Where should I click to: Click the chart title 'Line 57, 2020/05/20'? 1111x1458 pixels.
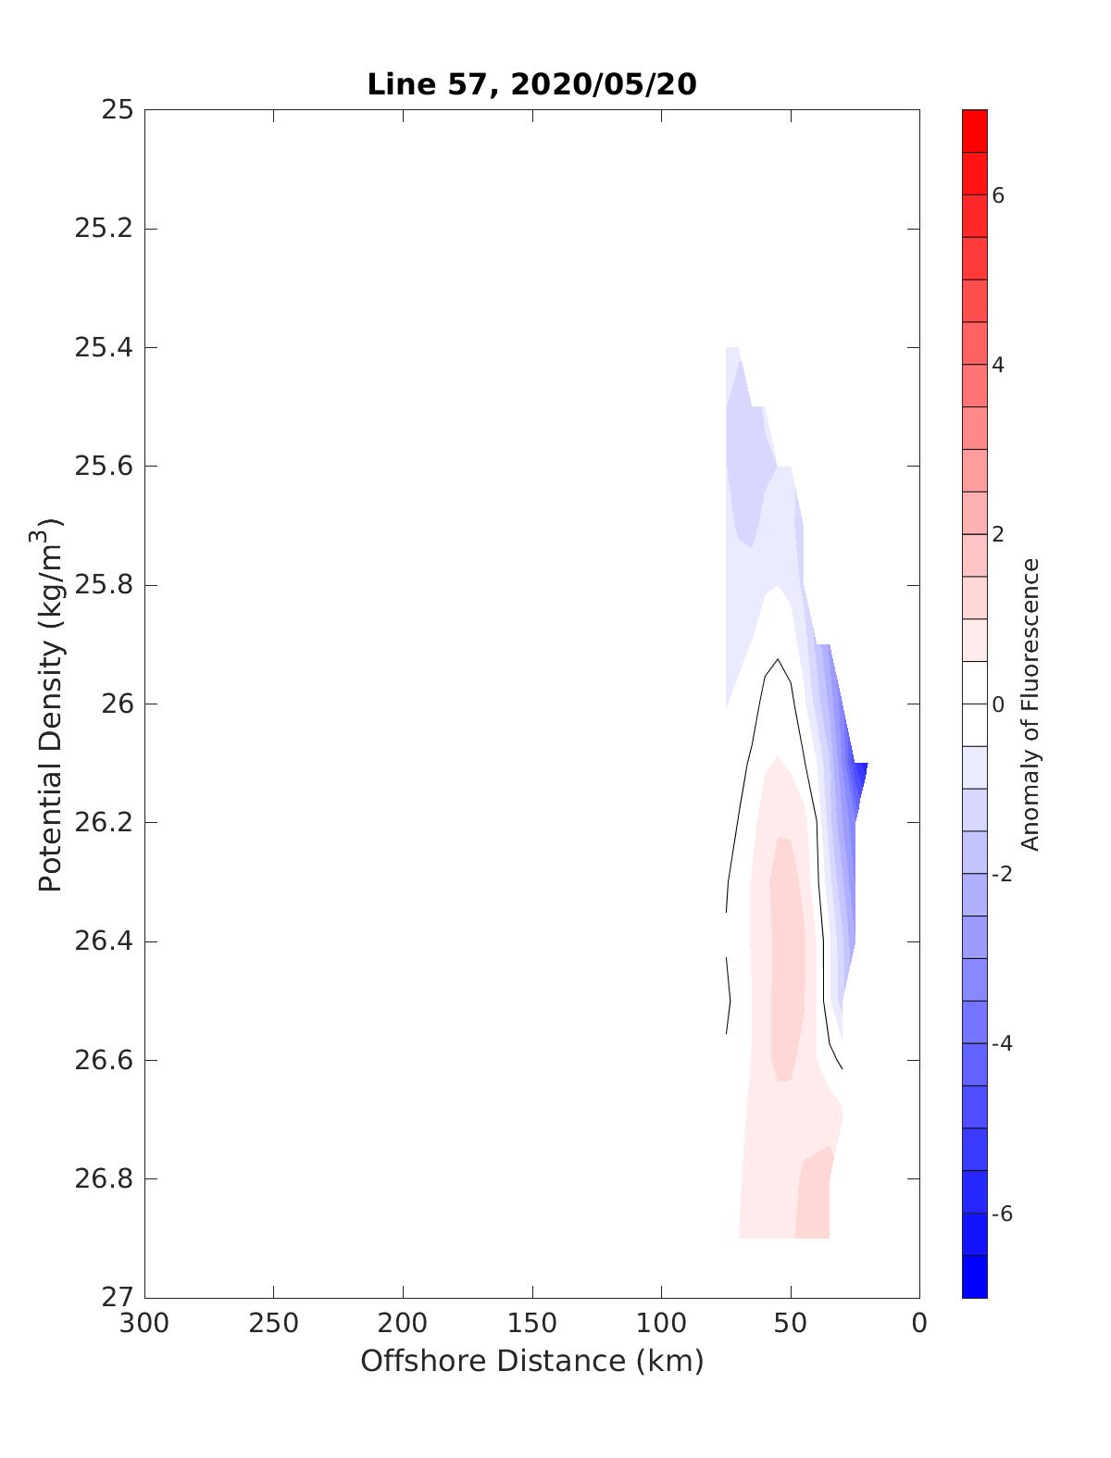click(x=531, y=84)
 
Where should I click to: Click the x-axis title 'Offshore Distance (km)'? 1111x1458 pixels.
click(x=531, y=1361)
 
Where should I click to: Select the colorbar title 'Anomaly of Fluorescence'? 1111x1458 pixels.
click(x=1030, y=704)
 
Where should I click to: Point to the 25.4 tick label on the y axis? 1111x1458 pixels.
click(x=104, y=348)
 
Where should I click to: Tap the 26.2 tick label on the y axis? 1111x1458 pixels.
click(x=104, y=823)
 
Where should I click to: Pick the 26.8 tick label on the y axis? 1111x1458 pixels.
click(x=104, y=1179)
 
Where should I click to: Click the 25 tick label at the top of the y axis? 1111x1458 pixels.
click(x=118, y=110)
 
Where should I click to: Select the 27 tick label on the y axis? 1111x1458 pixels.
click(x=118, y=1298)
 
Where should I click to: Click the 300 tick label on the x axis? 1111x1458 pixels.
click(x=145, y=1324)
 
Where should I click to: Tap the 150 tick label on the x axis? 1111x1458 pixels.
click(x=532, y=1324)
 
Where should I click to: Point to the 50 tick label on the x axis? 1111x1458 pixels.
click(x=791, y=1324)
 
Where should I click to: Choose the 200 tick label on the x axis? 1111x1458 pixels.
click(x=404, y=1324)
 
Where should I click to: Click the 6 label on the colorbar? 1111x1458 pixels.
click(x=998, y=195)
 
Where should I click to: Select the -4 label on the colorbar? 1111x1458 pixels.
click(x=1001, y=1044)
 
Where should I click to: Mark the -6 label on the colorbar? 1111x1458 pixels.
click(x=1001, y=1214)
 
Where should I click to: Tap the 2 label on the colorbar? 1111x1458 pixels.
click(x=998, y=535)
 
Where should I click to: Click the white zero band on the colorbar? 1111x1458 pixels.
click(x=975, y=704)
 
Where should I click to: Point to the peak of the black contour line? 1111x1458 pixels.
click(x=778, y=660)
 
